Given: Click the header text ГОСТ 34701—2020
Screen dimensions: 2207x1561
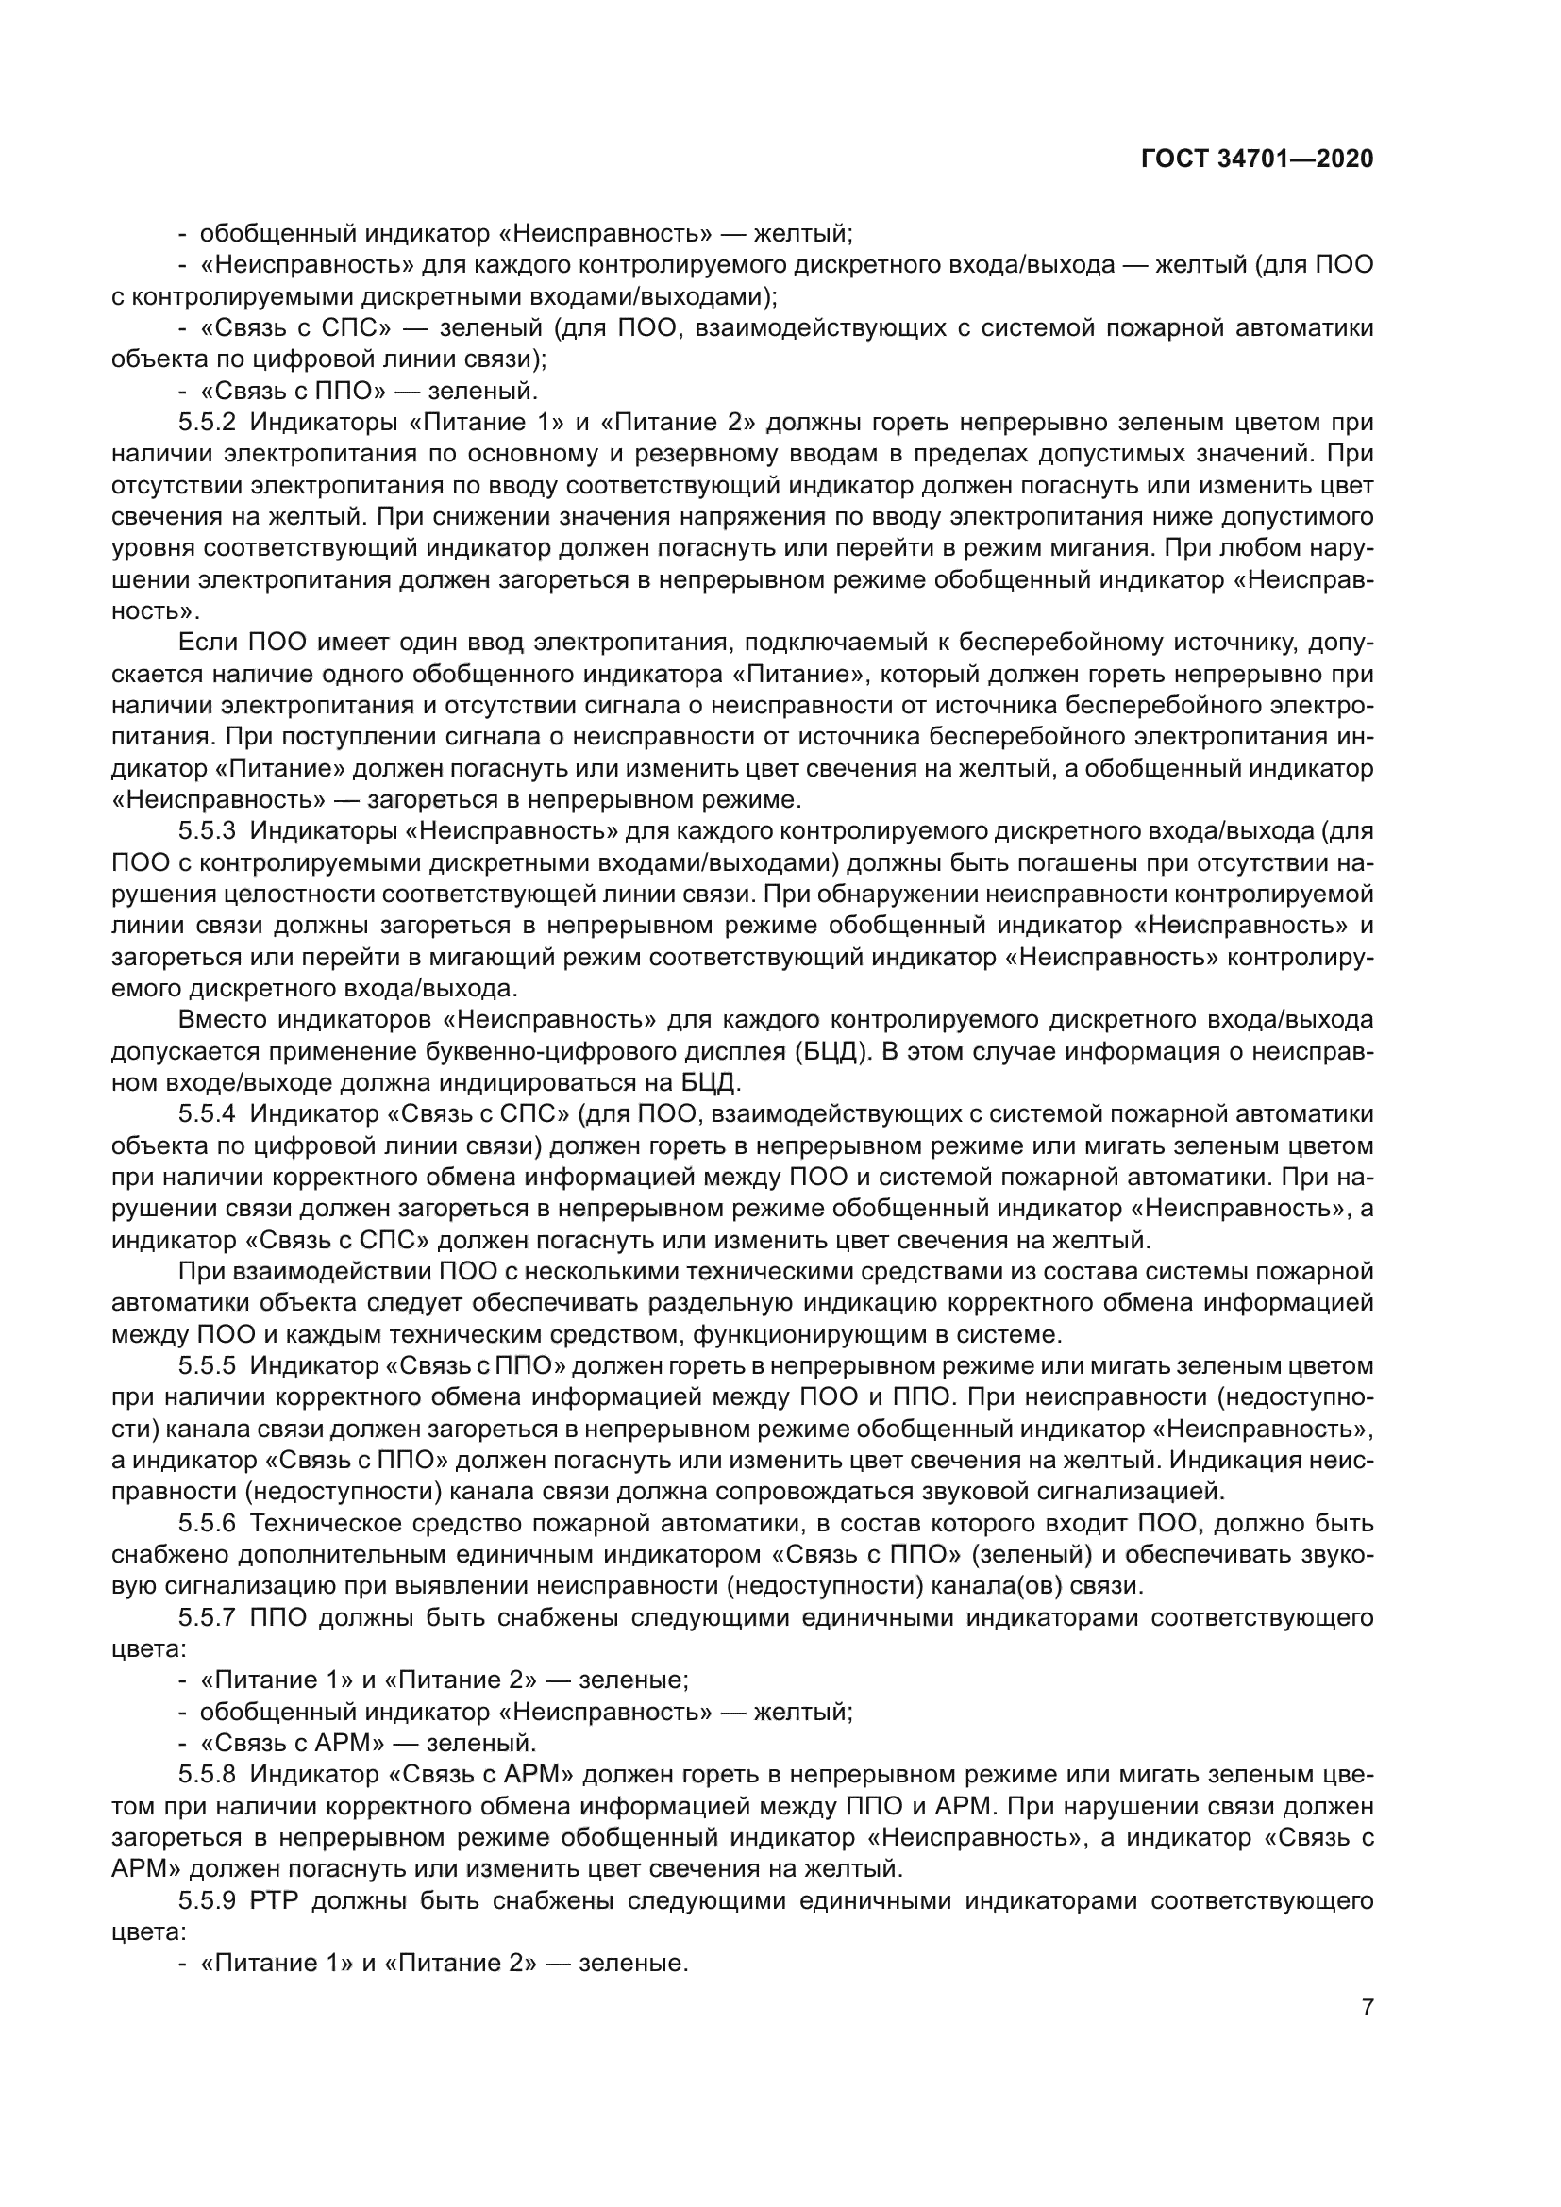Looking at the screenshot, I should click(1257, 159).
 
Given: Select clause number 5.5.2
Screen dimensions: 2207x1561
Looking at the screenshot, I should click(207, 423).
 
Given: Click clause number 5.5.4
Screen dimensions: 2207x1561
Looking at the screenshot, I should click(207, 1115).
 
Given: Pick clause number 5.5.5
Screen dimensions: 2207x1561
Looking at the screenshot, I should click(207, 1366).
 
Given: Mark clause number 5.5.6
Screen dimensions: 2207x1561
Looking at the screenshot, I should click(207, 1524).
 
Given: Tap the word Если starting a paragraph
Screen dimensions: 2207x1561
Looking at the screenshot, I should click(207, 644).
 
